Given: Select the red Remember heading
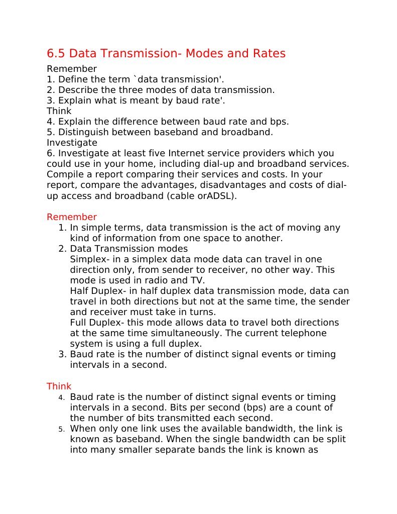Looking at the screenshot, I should [72, 217].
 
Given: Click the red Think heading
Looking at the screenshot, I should [59, 386].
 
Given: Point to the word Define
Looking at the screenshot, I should [73, 79].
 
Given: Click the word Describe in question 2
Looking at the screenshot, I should [78, 90].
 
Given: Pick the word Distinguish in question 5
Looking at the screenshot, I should [84, 132].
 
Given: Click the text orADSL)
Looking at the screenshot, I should [216, 195].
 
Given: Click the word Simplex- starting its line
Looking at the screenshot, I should [88, 259].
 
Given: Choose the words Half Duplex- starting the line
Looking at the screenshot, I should [94, 291].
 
